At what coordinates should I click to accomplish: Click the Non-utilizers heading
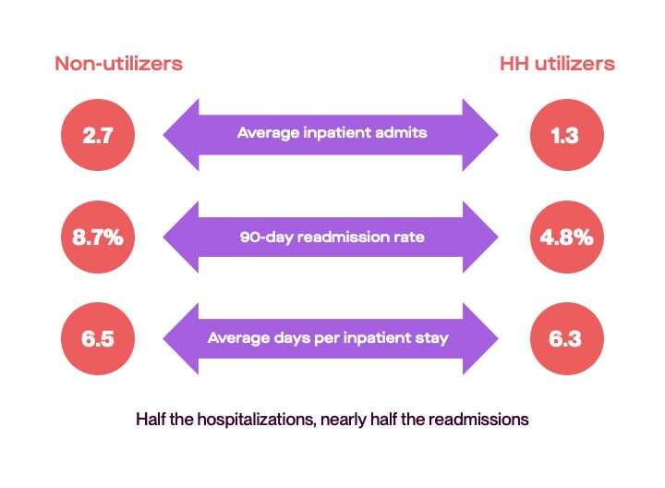pyautogui.click(x=118, y=64)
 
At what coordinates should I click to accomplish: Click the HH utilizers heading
pyautogui.click(x=556, y=64)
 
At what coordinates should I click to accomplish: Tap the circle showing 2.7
pyautogui.click(x=98, y=135)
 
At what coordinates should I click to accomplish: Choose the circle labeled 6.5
pyautogui.click(x=98, y=338)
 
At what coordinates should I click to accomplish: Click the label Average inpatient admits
pyautogui.click(x=332, y=133)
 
